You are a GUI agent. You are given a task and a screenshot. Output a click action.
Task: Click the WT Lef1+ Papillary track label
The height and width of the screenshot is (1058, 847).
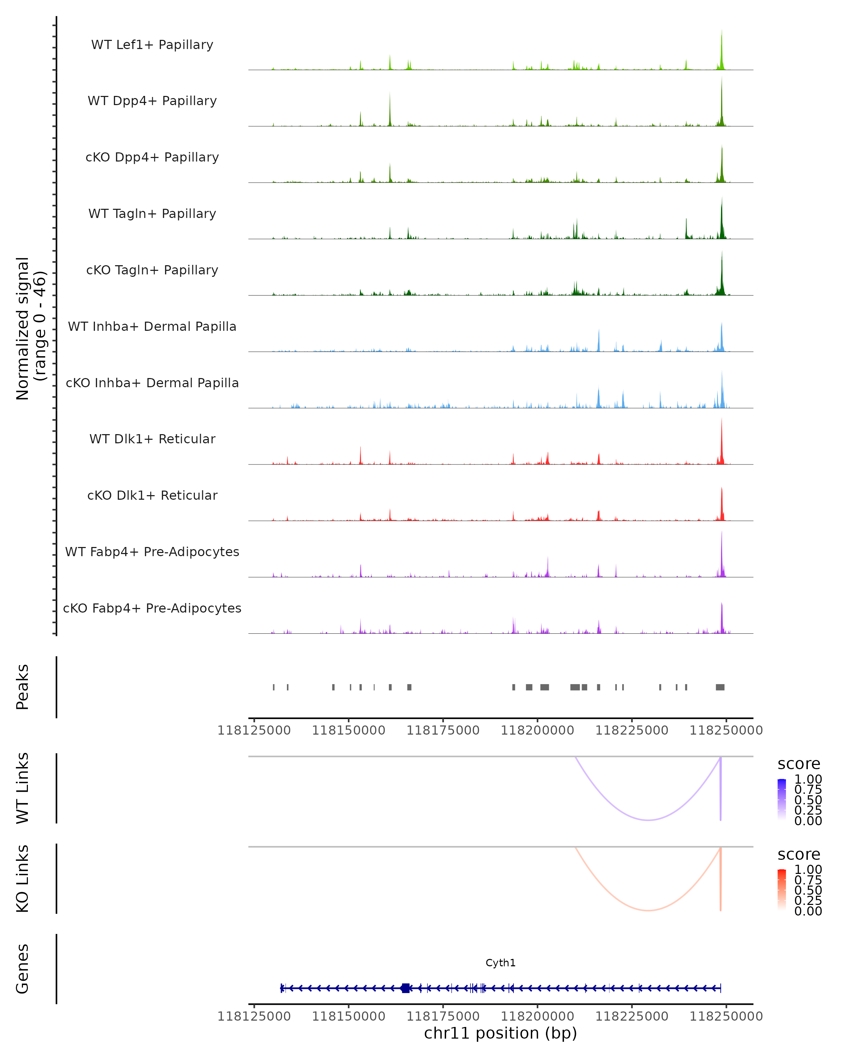(152, 45)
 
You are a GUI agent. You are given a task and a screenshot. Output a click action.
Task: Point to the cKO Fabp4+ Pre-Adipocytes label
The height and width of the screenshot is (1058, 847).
(152, 608)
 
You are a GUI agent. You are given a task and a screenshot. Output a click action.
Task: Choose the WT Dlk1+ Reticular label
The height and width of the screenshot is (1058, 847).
(152, 439)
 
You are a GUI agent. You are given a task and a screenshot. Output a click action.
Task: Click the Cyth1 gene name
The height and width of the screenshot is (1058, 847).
(500, 963)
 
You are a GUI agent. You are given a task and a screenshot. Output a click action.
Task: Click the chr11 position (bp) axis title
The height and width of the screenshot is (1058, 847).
(500, 1033)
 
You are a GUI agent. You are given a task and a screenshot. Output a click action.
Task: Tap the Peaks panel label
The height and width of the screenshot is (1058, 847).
(23, 687)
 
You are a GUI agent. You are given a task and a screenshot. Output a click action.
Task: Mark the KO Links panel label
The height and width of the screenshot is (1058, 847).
(23, 878)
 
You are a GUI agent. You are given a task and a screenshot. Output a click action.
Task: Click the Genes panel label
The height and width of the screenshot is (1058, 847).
(23, 969)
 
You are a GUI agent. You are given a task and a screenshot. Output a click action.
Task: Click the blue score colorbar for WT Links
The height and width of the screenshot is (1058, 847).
(782, 799)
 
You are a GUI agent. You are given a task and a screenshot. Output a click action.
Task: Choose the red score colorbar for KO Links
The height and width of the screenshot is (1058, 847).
(782, 889)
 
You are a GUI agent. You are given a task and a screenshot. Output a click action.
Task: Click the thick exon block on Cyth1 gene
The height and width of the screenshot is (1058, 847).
(405, 988)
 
